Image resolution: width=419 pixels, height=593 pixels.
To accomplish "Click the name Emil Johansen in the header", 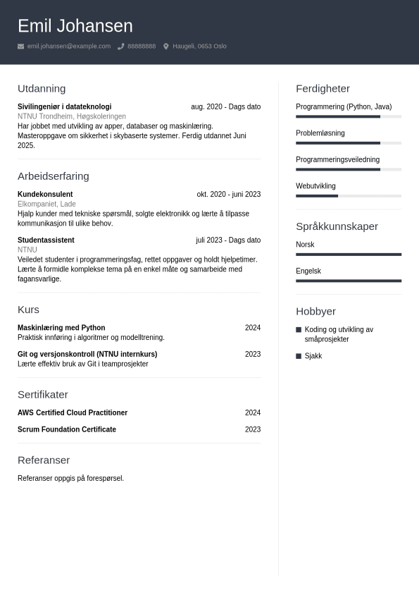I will [x=75, y=26].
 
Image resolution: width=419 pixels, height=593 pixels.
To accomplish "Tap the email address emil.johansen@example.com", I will [x=69, y=47].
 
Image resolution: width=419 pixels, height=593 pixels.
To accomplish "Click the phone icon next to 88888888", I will [x=121, y=47].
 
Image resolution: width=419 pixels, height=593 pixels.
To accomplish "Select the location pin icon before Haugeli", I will [x=166, y=47].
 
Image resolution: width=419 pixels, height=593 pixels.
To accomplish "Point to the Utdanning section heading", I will [x=42, y=89].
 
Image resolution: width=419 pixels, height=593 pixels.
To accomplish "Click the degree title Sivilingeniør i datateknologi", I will [x=64, y=107].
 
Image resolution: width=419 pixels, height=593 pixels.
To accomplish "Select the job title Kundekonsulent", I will [x=45, y=195].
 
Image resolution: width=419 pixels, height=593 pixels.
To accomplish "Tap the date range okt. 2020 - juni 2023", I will [x=228, y=195].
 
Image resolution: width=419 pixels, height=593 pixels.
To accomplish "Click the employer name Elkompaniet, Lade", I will [x=46, y=204].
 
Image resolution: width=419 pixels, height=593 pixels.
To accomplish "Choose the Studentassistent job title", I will [x=46, y=240].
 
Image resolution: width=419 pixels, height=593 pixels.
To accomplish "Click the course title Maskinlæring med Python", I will [x=61, y=328].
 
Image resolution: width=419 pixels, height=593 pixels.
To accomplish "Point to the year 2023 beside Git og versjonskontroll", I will [x=252, y=355].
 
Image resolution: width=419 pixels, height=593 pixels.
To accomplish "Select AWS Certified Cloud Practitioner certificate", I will [x=73, y=413].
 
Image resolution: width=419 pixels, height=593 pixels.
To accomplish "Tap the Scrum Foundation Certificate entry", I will [x=67, y=429].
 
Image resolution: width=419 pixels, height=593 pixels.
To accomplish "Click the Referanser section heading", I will [x=44, y=460].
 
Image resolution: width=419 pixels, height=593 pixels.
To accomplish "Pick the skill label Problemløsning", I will [x=320, y=133].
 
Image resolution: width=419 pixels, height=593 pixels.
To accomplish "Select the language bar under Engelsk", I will [x=349, y=281].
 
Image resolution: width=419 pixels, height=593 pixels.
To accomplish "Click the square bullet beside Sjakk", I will [x=299, y=356].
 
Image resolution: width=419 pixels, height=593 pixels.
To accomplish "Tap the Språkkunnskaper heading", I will [x=337, y=226].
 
